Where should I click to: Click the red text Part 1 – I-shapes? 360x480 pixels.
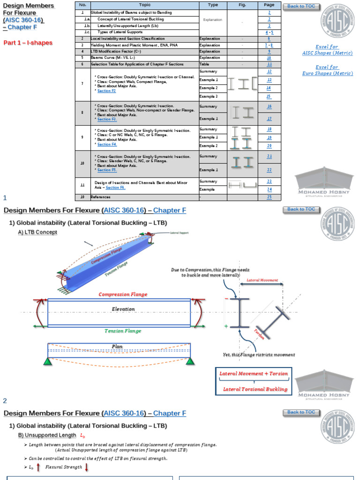click(x=28, y=43)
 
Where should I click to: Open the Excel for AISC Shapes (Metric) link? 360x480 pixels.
click(x=327, y=50)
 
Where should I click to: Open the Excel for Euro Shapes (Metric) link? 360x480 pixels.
click(x=327, y=70)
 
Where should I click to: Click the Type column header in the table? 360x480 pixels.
click(x=212, y=5)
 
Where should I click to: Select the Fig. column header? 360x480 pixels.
click(x=242, y=5)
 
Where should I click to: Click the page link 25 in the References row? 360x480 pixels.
click(x=269, y=197)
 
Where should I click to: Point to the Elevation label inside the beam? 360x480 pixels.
click(x=123, y=309)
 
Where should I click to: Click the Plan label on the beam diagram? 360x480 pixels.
click(x=117, y=346)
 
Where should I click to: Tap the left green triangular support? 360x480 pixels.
click(x=47, y=361)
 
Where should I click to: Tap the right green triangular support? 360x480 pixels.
click(x=190, y=361)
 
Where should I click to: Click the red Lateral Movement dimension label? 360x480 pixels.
click(x=262, y=280)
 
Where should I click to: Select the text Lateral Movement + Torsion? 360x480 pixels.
click(x=254, y=374)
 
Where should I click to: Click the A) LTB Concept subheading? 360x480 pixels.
click(x=37, y=232)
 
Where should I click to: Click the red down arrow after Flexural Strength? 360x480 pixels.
click(x=87, y=467)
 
